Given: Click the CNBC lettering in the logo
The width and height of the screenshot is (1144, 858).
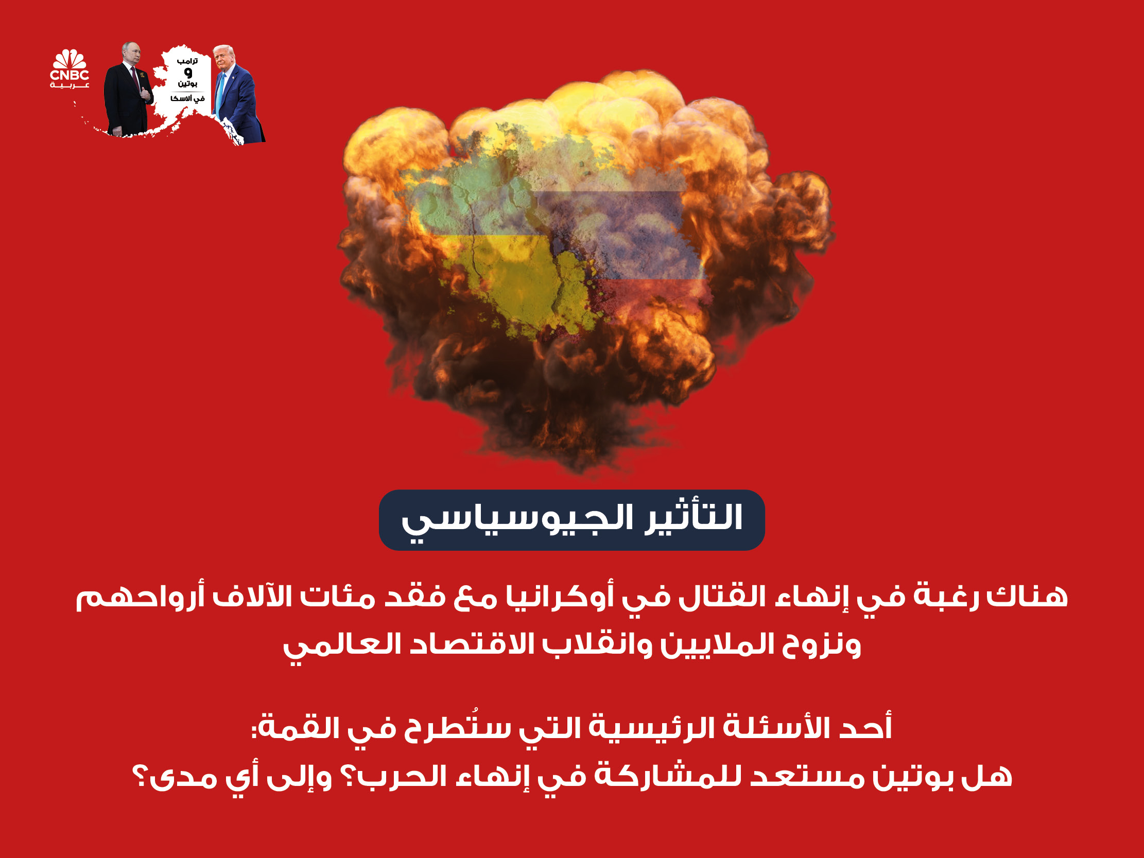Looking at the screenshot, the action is coord(70,75).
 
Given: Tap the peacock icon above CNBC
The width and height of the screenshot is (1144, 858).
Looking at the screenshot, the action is coord(70,59).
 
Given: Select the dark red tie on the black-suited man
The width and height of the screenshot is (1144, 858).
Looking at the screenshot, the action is coord(135,78).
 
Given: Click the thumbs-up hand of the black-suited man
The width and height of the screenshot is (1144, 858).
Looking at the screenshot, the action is coord(145,94).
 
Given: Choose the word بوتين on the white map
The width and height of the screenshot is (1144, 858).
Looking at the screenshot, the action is coord(187,83).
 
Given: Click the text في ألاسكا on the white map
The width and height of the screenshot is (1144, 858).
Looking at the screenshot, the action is coord(187,98).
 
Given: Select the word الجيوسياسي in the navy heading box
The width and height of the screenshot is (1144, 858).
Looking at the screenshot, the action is coord(517,522).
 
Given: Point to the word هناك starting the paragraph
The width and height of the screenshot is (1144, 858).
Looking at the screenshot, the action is coord(1027,596).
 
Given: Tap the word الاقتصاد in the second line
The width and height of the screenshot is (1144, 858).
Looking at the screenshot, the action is coord(465,645).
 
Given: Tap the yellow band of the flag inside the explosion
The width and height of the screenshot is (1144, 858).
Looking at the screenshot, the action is coord(517,279).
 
